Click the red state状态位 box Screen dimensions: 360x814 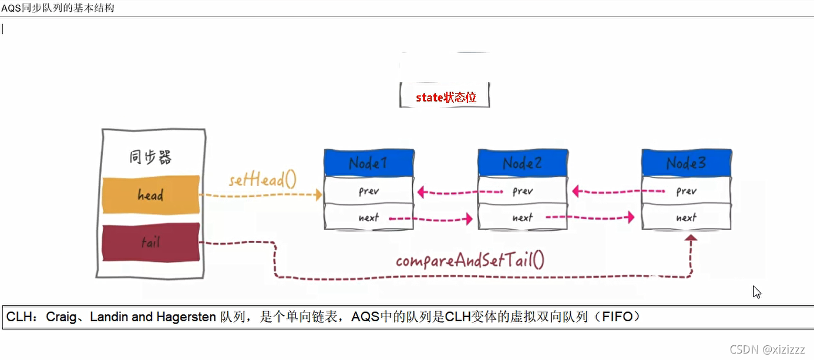pyautogui.click(x=445, y=97)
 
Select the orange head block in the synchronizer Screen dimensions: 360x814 pyautogui.click(x=150, y=194)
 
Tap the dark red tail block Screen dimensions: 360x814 pyautogui.click(x=150, y=242)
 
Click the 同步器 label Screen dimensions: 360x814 pyautogui.click(x=150, y=157)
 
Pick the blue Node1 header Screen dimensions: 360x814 pyautogui.click(x=368, y=163)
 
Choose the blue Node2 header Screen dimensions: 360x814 pyautogui.click(x=522, y=163)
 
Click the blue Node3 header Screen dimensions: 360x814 pyautogui.click(x=686, y=163)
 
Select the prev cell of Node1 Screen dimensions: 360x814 pyautogui.click(x=368, y=191)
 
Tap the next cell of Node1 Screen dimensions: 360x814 pyautogui.click(x=368, y=217)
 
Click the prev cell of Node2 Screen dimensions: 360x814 pyautogui.click(x=522, y=191)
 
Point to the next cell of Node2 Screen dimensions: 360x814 pyautogui.click(x=522, y=217)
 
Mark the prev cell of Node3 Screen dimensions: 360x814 pyautogui.click(x=686, y=191)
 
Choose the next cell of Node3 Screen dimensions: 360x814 pyautogui.click(x=686, y=217)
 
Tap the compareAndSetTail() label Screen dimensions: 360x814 pyautogui.click(x=470, y=260)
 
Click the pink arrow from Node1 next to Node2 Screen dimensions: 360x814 pyautogui.click(x=432, y=218)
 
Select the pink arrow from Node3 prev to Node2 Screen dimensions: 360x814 pyautogui.click(x=617, y=191)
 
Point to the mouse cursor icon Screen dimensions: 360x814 pyautogui.click(x=757, y=292)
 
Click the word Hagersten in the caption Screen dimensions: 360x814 pyautogui.click(x=187, y=317)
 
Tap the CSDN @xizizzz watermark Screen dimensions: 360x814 pyautogui.click(x=767, y=349)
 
